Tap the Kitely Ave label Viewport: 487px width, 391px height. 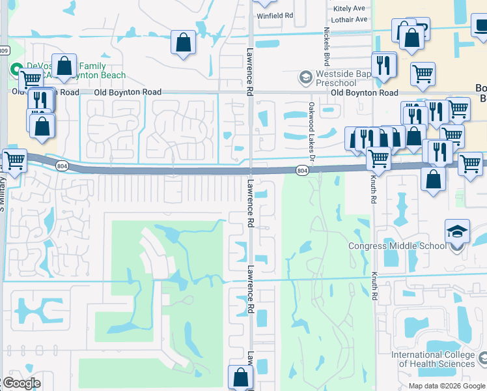click(349, 8)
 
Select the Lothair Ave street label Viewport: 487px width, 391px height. click(349, 20)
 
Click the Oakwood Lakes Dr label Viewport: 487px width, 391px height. click(311, 134)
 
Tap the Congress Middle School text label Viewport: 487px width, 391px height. click(397, 246)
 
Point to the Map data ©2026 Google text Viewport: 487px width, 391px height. click(446, 385)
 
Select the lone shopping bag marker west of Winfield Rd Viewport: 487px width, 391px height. click(184, 42)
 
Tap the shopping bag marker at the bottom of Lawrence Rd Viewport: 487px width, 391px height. click(240, 377)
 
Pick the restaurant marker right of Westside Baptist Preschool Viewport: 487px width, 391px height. click(383, 65)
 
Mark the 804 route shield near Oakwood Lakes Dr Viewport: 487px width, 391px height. click(301, 171)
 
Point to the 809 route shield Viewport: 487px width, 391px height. click(4, 50)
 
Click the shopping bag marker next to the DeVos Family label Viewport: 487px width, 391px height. click(64, 66)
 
